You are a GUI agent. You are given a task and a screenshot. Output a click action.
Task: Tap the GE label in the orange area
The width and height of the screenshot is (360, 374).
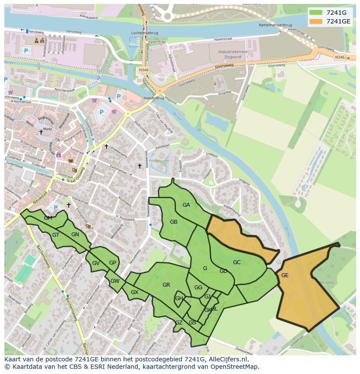pyautogui.click(x=285, y=275)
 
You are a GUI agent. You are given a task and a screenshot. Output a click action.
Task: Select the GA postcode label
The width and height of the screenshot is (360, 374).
pyautogui.click(x=186, y=205)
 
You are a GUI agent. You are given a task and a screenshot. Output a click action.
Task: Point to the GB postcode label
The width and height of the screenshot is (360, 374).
pyautogui.click(x=173, y=222)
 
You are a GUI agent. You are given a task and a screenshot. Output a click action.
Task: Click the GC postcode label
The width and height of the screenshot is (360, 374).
pyautogui.click(x=237, y=262)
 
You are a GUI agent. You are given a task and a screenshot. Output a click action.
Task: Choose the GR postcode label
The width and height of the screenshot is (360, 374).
pyautogui.click(x=166, y=285)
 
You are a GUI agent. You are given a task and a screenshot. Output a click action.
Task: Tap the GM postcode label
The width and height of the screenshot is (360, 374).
pyautogui.click(x=48, y=218)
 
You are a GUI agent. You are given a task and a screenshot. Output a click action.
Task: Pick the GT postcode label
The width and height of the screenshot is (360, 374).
pyautogui.click(x=56, y=235)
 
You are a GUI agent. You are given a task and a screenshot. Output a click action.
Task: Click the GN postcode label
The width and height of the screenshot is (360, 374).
pyautogui.click(x=75, y=235)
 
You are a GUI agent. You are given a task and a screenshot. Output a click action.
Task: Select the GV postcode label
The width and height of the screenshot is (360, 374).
pyautogui.click(x=96, y=263)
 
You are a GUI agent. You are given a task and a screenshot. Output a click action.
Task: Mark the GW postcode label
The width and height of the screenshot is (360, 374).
pyautogui.click(x=115, y=281)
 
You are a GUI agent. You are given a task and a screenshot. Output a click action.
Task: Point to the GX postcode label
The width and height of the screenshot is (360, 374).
pyautogui.click(x=134, y=292)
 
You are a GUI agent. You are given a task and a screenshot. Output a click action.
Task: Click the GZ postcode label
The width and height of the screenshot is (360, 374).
pyautogui.click(x=179, y=323)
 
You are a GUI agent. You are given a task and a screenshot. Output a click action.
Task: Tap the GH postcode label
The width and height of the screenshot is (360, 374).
pyautogui.click(x=179, y=298)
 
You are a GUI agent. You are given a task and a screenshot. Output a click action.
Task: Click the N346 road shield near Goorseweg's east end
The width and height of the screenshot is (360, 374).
pyautogui.click(x=340, y=57)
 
